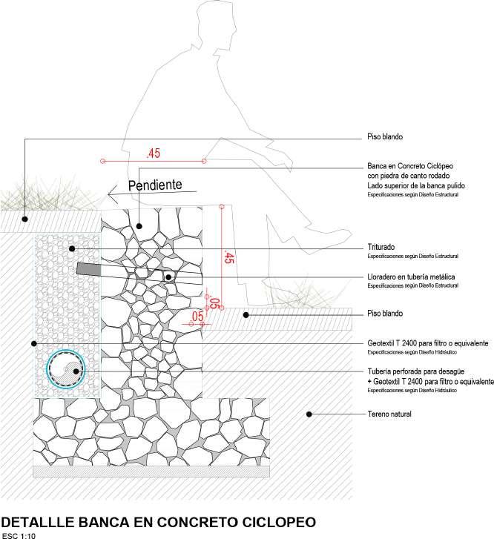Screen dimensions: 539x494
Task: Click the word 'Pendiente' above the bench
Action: [x=156, y=186]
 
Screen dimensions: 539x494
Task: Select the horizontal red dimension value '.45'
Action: [x=154, y=154]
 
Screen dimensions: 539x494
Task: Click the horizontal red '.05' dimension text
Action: [x=197, y=317]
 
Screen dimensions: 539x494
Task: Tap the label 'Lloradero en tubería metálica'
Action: [x=411, y=277]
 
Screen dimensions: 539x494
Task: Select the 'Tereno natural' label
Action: [x=389, y=414]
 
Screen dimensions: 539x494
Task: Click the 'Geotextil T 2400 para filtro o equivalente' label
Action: [x=427, y=344]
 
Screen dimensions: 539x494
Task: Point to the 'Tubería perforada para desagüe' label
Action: [x=415, y=372]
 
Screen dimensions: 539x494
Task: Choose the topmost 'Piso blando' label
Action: [x=384, y=137]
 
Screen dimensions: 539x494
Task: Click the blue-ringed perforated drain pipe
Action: [x=66, y=368]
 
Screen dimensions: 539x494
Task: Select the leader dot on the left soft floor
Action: [x=24, y=219]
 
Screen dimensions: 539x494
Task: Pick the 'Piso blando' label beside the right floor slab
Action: [x=384, y=314]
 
